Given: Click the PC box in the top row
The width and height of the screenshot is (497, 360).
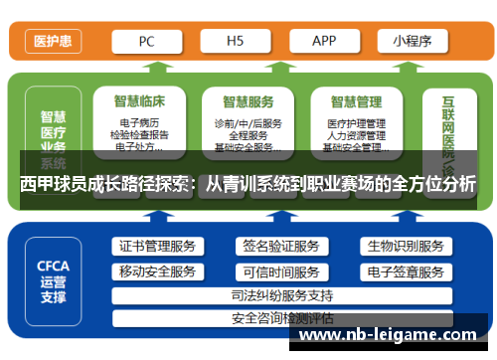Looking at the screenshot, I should pos(146,42).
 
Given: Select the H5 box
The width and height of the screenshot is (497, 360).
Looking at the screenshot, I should pos(236,42).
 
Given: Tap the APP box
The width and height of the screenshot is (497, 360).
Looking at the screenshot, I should pos(325,42).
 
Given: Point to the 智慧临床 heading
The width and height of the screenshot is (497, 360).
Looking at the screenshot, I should pos(140,101).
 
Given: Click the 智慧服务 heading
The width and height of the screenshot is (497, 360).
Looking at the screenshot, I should pos(248,101).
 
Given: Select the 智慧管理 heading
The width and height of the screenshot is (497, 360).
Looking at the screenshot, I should pos(356,101).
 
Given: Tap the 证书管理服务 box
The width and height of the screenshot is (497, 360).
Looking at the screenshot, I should pos(157,247).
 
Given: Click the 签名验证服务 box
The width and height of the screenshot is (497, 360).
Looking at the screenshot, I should pos(280,247).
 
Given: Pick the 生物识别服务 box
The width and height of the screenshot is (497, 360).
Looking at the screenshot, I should pos(405,247).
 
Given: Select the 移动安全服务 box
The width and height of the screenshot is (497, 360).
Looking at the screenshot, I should pos(157,271).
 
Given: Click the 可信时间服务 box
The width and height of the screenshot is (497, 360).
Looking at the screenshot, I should pos(280,271).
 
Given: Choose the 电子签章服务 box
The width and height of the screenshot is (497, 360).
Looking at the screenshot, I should pos(405,271).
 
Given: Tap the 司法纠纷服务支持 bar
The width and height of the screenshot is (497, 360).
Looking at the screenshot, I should pos(281,295).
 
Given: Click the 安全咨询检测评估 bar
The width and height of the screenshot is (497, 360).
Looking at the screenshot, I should pos(281,318).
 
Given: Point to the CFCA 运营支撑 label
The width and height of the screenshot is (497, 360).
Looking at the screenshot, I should pos(53,281).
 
